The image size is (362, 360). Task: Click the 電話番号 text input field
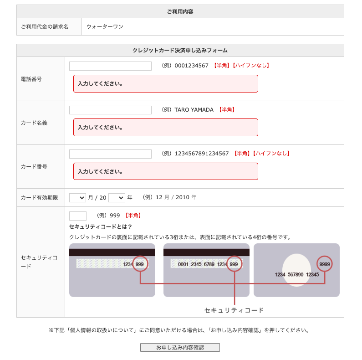click(110, 66)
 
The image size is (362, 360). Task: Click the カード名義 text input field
click(110, 110)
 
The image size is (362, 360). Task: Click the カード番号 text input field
click(110, 154)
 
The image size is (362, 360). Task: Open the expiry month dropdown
click(77, 198)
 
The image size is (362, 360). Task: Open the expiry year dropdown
click(117, 198)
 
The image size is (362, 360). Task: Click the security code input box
click(78, 216)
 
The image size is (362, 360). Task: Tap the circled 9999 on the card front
click(325, 264)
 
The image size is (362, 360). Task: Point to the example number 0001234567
click(191, 66)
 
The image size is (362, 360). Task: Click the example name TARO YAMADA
click(194, 110)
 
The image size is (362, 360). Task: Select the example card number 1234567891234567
click(202, 154)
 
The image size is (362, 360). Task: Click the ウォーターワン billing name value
click(105, 27)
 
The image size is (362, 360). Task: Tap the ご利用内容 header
click(180, 11)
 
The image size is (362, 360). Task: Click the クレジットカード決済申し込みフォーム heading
click(180, 51)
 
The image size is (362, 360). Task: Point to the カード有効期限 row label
click(40, 198)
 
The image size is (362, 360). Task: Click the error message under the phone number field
click(166, 84)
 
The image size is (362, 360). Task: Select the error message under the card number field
click(166, 171)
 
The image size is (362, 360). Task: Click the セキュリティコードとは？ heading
click(101, 226)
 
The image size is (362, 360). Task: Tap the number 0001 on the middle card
click(183, 264)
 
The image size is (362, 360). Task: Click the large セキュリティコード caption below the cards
click(234, 310)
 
